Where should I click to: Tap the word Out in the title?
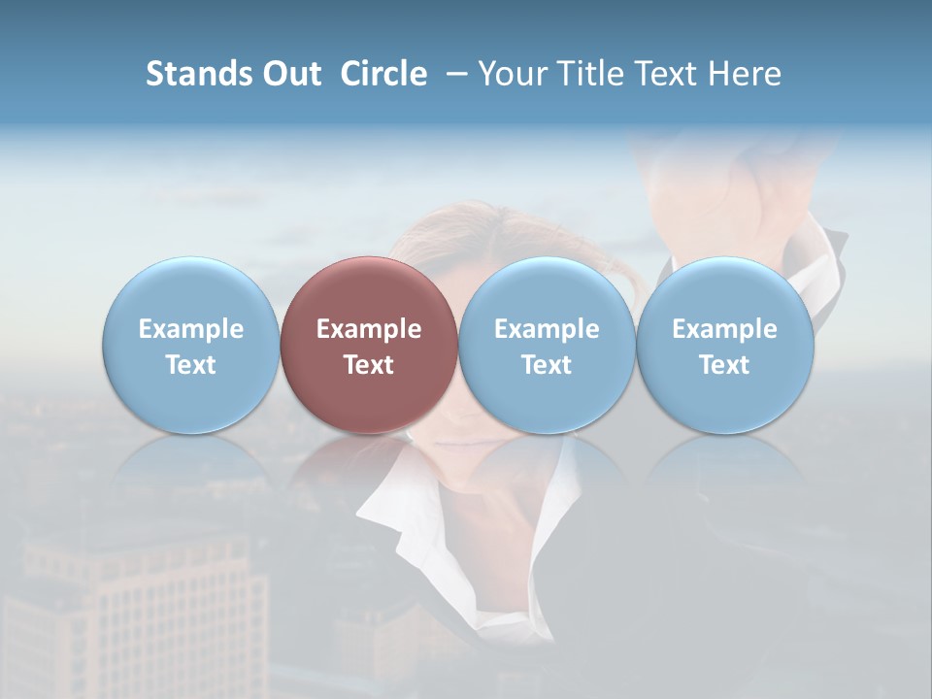[x=288, y=74]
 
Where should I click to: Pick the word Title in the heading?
[x=586, y=74]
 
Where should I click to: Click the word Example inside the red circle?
[x=369, y=329]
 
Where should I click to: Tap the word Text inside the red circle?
[x=369, y=365]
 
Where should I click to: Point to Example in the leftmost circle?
[x=190, y=329]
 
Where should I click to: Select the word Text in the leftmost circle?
[x=190, y=365]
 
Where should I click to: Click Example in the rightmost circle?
[x=724, y=329]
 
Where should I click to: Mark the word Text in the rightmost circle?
[x=724, y=365]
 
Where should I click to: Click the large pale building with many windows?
[x=146, y=612]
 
